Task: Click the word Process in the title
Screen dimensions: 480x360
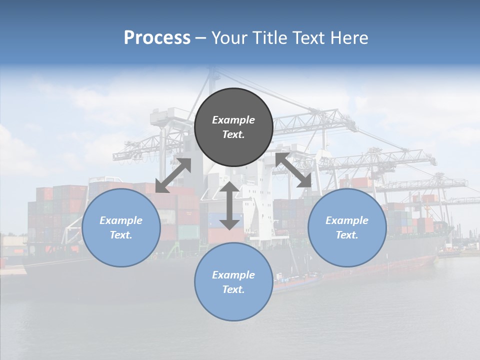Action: click(157, 38)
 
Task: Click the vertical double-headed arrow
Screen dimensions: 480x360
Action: click(229, 205)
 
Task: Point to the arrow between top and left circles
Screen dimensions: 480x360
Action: click(173, 175)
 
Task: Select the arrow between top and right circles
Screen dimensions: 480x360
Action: click(293, 170)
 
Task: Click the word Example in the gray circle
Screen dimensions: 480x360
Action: click(233, 120)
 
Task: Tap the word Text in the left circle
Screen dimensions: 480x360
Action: click(121, 235)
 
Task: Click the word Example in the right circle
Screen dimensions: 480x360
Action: click(347, 220)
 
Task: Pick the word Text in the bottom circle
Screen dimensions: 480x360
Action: click(233, 289)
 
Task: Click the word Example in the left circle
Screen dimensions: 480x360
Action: click(121, 220)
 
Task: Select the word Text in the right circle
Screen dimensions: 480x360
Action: click(347, 235)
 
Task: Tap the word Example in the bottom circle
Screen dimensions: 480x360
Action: click(233, 275)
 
